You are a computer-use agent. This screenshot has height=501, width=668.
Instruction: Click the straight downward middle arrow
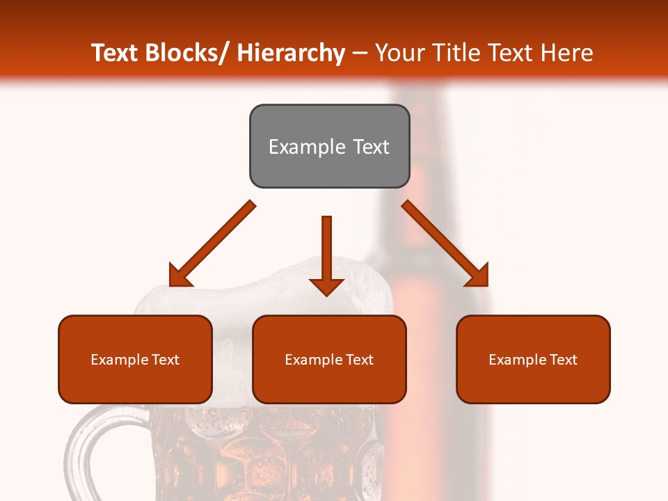click(x=326, y=250)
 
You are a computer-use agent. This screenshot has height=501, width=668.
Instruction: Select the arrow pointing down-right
click(x=445, y=244)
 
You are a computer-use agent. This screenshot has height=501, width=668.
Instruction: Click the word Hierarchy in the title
click(x=290, y=53)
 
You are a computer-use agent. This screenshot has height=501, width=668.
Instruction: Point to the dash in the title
click(x=360, y=53)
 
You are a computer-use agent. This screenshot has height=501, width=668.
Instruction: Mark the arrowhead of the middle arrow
click(x=326, y=285)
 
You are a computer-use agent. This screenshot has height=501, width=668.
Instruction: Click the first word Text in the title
click(x=116, y=53)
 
